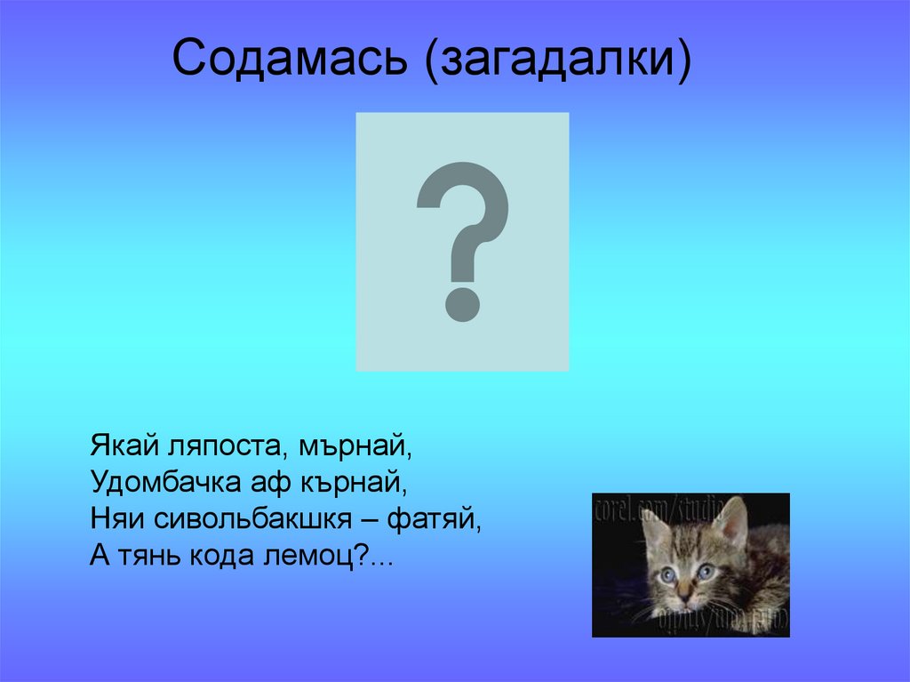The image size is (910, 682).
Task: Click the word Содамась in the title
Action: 292,60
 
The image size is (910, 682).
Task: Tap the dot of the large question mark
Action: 462,302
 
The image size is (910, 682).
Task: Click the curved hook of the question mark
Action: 464,200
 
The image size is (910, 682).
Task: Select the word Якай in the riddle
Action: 120,442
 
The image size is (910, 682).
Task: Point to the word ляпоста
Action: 221,442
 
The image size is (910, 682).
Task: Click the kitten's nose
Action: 685,590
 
